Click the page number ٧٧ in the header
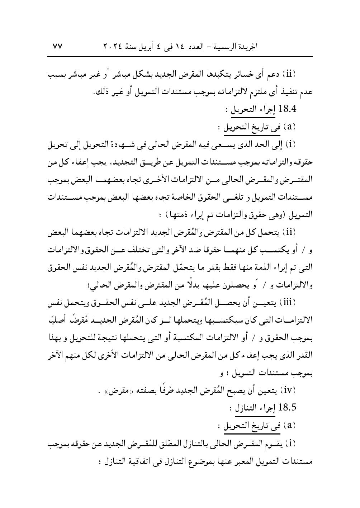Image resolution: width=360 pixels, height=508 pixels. [58, 47]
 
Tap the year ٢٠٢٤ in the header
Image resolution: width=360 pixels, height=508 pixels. [114, 47]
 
